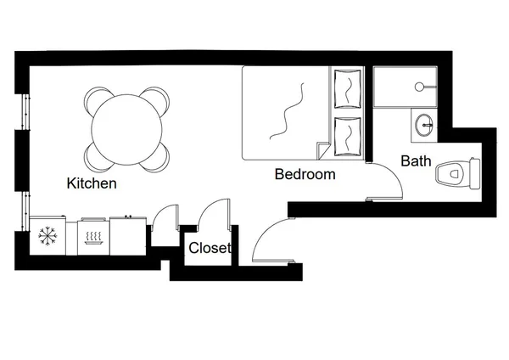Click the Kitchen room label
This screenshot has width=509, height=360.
(x=92, y=183)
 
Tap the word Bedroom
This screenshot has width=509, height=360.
(x=305, y=175)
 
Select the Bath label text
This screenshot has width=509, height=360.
(x=416, y=160)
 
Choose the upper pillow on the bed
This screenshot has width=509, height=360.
(x=348, y=87)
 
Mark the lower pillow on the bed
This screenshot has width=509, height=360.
(x=348, y=134)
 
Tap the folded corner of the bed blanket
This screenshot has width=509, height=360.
(x=322, y=151)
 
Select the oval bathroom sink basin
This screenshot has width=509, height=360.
(x=423, y=126)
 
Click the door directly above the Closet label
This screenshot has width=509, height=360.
(x=213, y=214)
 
